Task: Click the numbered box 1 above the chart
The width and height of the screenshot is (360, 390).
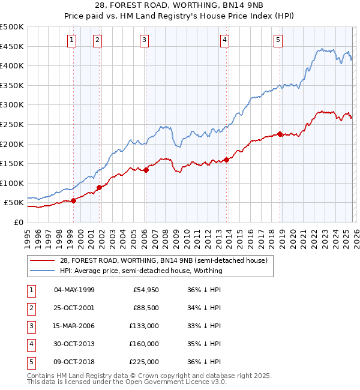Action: (x=71, y=40)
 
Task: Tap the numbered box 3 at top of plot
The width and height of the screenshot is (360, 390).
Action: (x=145, y=40)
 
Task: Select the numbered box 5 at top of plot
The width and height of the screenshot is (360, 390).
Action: (x=278, y=40)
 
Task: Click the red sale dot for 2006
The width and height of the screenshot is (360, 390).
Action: (x=146, y=170)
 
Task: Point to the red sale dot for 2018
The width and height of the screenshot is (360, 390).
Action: (x=280, y=134)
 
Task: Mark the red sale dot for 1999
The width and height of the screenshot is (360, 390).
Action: (x=73, y=201)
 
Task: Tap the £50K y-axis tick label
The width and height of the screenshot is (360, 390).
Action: (x=14, y=203)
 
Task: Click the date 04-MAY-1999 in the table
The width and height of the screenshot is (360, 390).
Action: (x=74, y=290)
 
